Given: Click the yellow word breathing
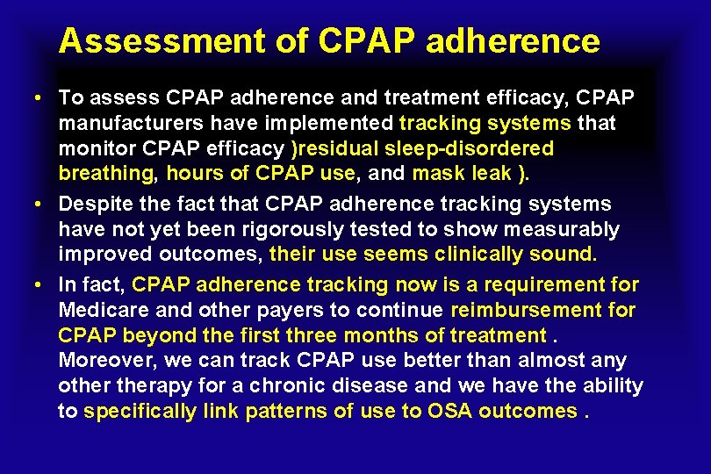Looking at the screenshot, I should click(x=98, y=174).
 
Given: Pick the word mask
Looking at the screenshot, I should click(x=433, y=174).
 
